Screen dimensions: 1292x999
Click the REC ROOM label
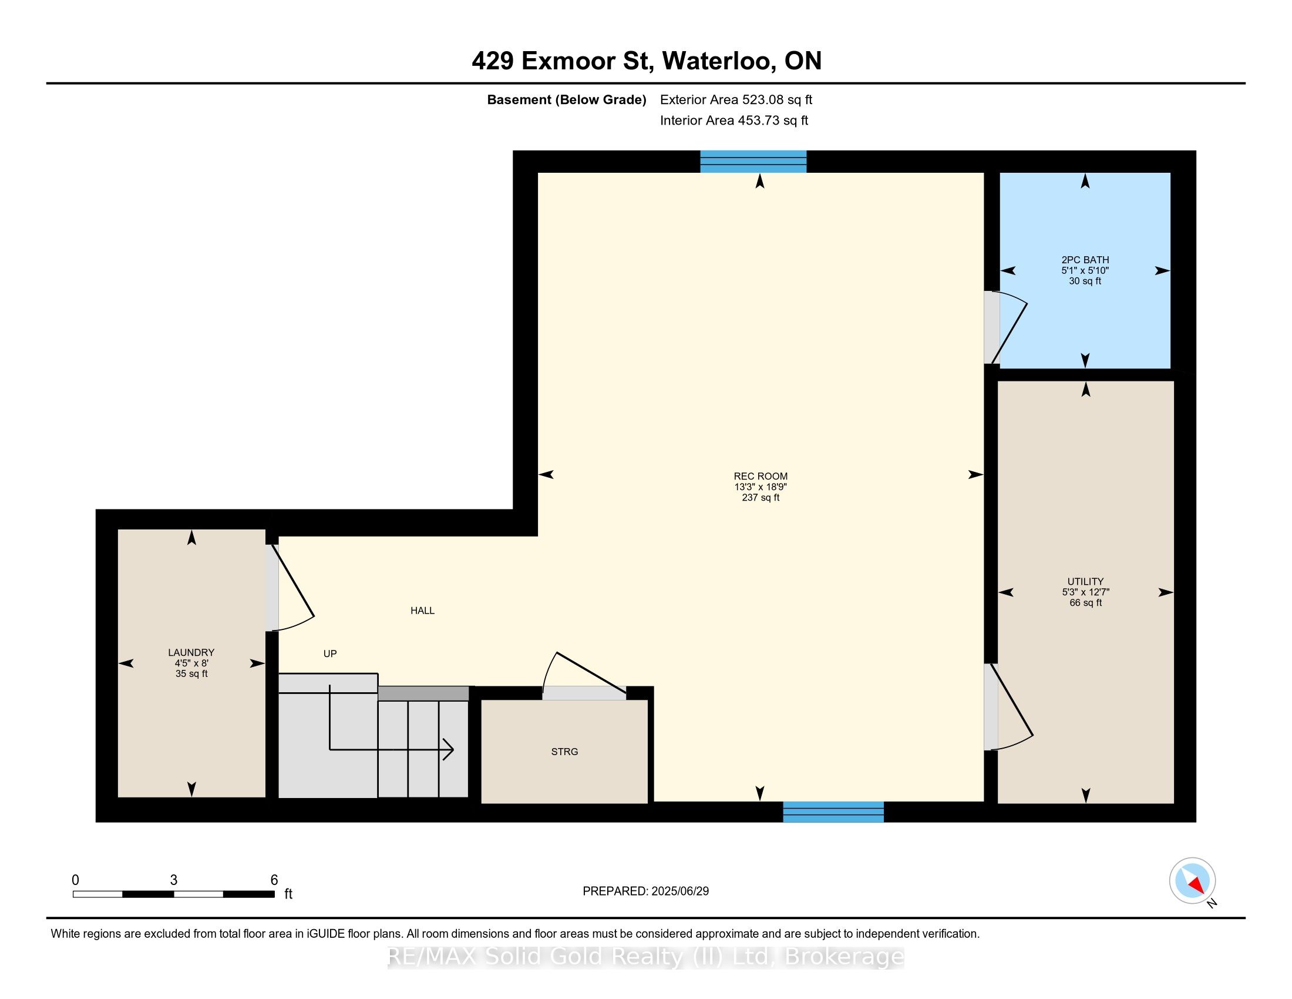pos(760,477)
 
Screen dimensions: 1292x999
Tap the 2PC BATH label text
pos(1085,260)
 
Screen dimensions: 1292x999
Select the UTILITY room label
pos(1085,581)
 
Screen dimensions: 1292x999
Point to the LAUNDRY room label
pos(191,652)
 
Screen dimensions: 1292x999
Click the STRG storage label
pos(564,752)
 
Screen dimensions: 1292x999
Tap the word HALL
pos(422,611)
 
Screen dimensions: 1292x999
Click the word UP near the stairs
pos(330,654)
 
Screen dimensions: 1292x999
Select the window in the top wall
pos(753,162)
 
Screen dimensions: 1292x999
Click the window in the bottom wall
pos(833,812)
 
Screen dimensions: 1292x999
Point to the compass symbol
pos(1193,881)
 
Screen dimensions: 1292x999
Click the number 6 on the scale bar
pos(274,880)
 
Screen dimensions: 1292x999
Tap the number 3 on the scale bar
pos(173,880)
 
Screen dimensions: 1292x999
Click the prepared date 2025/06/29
pos(679,891)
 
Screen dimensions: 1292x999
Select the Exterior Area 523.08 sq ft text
pos(736,100)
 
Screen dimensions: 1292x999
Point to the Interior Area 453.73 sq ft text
pos(734,120)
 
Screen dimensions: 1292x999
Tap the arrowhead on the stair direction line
pos(449,750)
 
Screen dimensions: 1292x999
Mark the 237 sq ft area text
pos(760,498)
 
